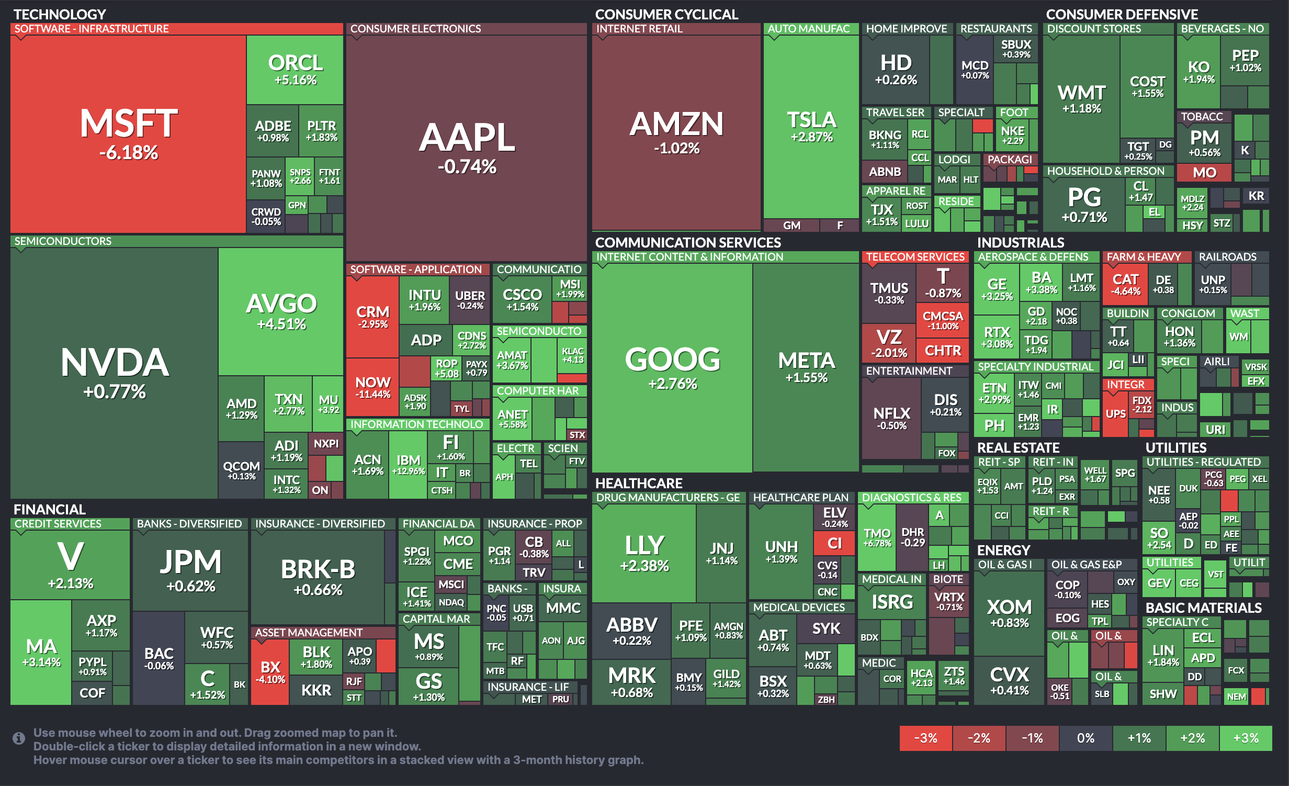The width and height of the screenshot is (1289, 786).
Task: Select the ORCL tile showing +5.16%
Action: click(x=295, y=69)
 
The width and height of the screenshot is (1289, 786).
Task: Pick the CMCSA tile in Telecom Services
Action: click(x=943, y=319)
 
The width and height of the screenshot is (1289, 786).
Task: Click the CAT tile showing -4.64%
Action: click(x=1125, y=284)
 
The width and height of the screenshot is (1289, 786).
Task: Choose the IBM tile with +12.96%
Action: click(x=408, y=464)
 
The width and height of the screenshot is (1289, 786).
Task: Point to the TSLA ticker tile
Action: click(x=811, y=127)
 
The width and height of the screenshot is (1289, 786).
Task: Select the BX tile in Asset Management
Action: click(x=270, y=671)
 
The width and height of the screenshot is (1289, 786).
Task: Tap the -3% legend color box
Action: click(x=925, y=738)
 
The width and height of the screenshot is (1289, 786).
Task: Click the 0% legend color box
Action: click(x=1086, y=738)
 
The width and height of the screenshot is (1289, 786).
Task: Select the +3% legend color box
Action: click(x=1246, y=738)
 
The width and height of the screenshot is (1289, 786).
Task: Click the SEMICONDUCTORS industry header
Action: click(x=63, y=241)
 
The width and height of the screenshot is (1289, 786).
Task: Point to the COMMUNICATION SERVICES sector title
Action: click(x=687, y=242)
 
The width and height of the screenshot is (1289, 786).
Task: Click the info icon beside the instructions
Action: click(x=19, y=738)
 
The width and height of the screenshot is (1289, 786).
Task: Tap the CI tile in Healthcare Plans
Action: click(x=834, y=543)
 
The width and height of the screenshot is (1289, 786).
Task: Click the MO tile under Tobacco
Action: click(x=1204, y=173)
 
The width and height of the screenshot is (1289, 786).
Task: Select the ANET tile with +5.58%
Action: click(x=512, y=418)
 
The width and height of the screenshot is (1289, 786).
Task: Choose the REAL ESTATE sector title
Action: click(x=1018, y=447)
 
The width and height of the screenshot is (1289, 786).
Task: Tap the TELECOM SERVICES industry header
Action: click(x=915, y=257)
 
